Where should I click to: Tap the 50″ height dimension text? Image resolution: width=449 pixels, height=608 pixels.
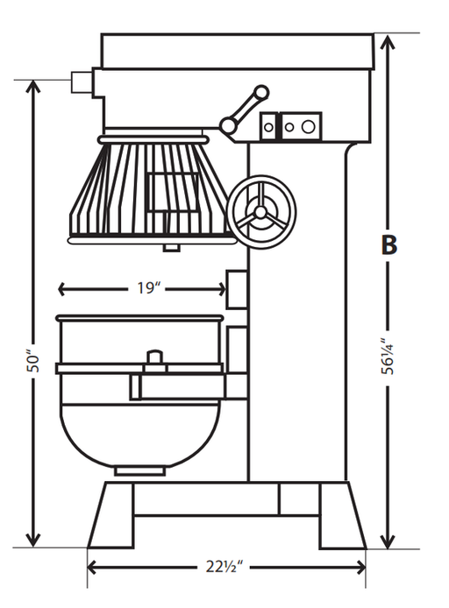tap(33, 363)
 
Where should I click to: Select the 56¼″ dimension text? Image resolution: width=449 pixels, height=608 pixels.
tap(387, 357)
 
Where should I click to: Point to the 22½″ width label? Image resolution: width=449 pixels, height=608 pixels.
tap(224, 567)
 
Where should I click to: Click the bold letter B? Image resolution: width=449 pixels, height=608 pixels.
tap(388, 245)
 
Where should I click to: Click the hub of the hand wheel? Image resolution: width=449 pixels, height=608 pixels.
tap(260, 212)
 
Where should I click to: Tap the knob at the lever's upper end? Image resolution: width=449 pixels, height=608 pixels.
tap(260, 93)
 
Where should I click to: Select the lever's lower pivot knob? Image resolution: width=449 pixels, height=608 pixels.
tap(228, 124)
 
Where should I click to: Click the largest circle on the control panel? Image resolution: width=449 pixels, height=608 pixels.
tap(308, 126)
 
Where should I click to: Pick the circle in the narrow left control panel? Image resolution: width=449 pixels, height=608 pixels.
tap(268, 127)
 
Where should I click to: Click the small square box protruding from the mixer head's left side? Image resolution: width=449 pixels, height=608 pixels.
tap(82, 82)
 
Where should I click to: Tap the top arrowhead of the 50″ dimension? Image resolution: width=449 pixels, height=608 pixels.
tap(33, 88)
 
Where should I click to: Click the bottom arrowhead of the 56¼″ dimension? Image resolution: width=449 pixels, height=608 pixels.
tap(388, 541)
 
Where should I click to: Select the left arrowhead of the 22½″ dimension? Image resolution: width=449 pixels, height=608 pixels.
tap(92, 568)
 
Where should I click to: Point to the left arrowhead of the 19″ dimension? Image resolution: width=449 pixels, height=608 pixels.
tap(61, 289)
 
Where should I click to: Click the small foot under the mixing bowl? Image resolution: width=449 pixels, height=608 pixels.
tap(140, 471)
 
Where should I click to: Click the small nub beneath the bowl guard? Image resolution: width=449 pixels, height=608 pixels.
tap(171, 248)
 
